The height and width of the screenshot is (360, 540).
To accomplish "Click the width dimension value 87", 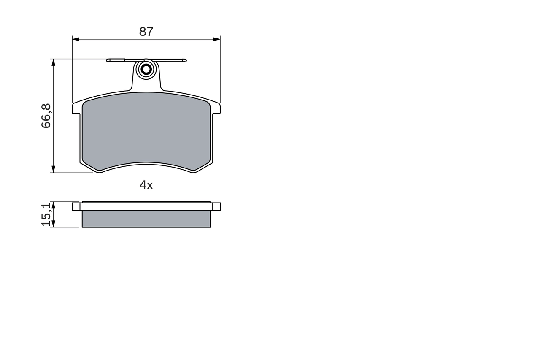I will tap(146, 32).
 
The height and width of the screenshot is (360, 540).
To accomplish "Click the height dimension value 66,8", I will tap(46, 116).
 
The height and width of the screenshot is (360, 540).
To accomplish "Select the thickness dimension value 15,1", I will tap(46, 214).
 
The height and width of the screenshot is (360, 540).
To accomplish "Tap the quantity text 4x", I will tap(146, 185).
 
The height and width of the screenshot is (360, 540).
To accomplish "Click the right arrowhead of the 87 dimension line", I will tap(217, 39).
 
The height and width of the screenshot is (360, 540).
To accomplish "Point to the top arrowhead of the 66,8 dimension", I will tap(53, 62).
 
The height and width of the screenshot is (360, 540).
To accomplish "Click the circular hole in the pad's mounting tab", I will tap(146, 69).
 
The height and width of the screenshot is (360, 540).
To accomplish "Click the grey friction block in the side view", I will tap(146, 219).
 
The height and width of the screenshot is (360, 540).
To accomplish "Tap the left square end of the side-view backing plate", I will tap(76, 206).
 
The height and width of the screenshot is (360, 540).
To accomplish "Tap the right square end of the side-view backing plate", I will tap(216, 206).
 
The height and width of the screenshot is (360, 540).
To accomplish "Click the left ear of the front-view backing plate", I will tap(76, 108).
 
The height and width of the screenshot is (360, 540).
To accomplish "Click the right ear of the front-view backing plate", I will tap(216, 108).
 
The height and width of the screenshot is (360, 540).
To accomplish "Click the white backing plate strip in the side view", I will tap(146, 206).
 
